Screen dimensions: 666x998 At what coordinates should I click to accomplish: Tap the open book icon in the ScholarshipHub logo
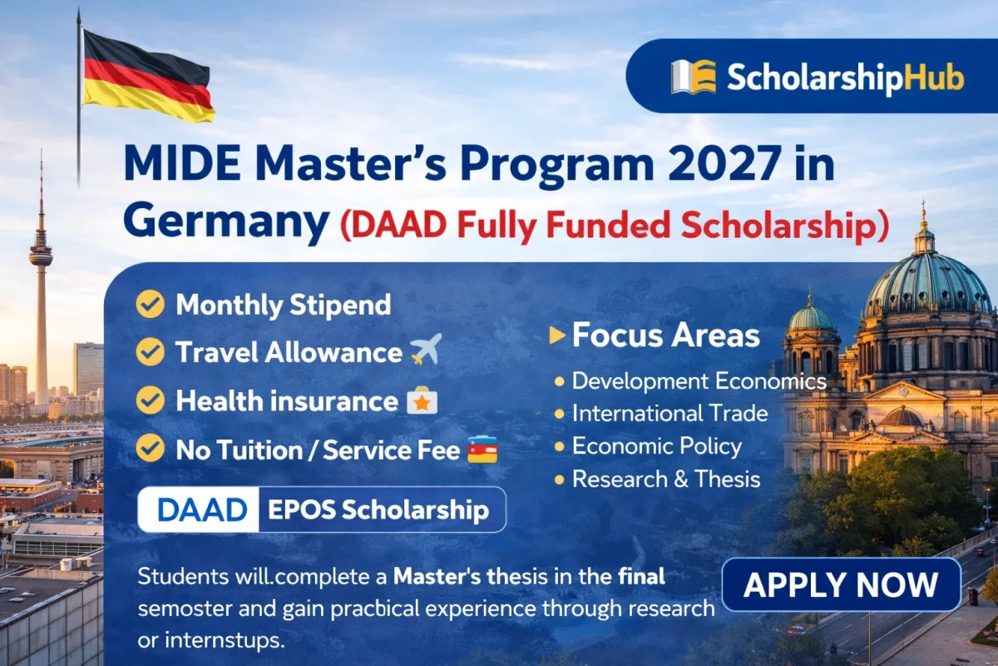point(693,77)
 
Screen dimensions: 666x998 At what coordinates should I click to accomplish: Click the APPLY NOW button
point(841,584)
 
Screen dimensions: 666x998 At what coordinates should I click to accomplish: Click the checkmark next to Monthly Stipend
point(151,305)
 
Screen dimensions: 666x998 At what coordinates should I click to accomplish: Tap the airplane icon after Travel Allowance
point(426,352)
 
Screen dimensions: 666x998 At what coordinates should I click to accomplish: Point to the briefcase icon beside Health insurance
point(422,401)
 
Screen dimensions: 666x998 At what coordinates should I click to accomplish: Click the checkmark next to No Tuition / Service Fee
point(151,450)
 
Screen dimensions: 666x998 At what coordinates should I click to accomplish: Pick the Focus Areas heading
point(665,335)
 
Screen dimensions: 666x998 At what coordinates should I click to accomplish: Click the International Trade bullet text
point(669,413)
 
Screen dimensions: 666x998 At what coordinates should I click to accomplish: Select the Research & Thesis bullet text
point(665,479)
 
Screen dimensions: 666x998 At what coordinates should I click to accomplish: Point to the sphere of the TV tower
point(40,256)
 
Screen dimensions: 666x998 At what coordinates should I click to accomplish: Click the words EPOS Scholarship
point(378,509)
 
